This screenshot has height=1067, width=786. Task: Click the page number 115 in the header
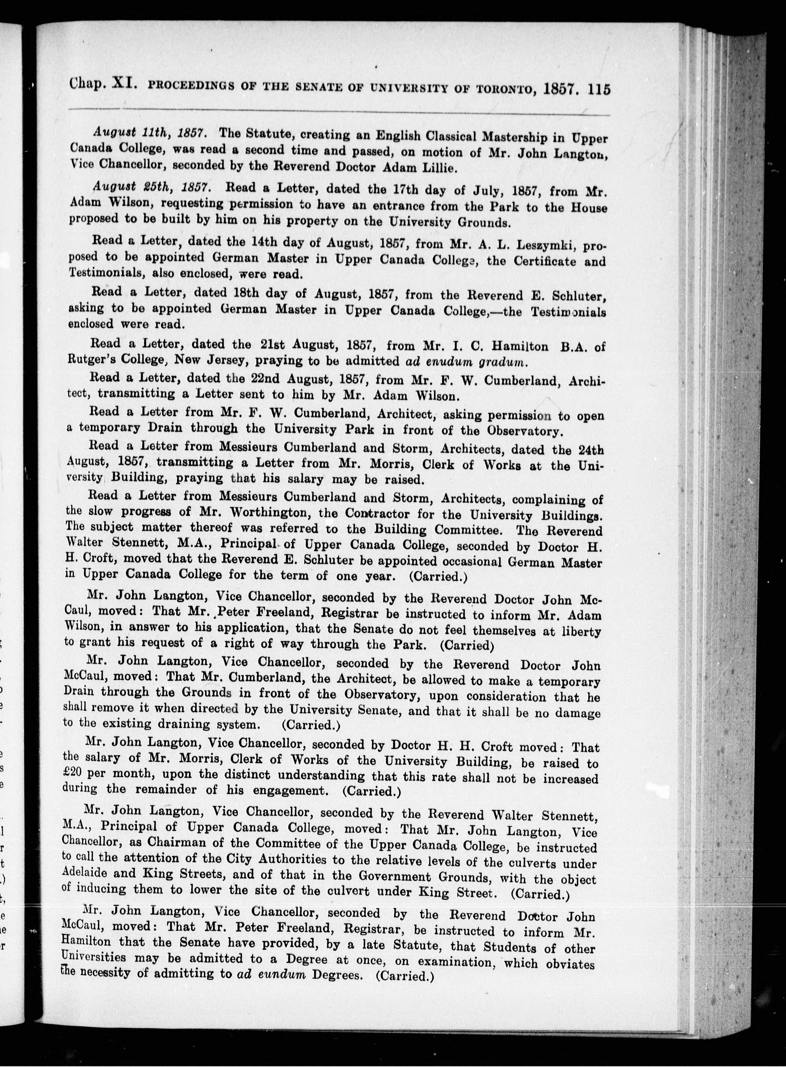tap(599, 90)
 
